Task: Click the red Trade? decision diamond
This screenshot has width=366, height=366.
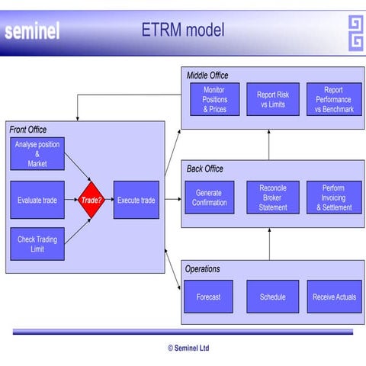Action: (91, 201)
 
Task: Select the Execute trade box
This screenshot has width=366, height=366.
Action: (136, 201)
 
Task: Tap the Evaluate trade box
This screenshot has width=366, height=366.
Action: (37, 201)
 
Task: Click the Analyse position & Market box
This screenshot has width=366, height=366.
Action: (37, 154)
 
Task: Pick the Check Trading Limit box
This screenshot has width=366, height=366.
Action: (37, 244)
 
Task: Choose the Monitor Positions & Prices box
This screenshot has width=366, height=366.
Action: (214, 100)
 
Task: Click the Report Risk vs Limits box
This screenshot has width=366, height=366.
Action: (272, 100)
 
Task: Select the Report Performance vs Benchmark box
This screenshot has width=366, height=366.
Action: (333, 100)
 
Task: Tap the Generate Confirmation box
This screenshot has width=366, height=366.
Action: (209, 197)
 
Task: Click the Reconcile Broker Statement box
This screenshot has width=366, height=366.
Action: (272, 197)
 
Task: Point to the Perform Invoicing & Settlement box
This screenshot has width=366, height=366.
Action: (334, 197)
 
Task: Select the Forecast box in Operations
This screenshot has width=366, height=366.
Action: (209, 297)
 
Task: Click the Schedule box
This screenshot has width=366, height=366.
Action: (272, 297)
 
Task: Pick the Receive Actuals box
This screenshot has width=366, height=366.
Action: (334, 297)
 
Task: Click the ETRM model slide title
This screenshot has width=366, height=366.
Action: (183, 30)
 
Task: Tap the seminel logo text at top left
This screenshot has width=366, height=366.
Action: (32, 32)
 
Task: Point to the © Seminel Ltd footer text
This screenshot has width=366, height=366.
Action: (188, 348)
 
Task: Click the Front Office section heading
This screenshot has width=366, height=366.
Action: (28, 130)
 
